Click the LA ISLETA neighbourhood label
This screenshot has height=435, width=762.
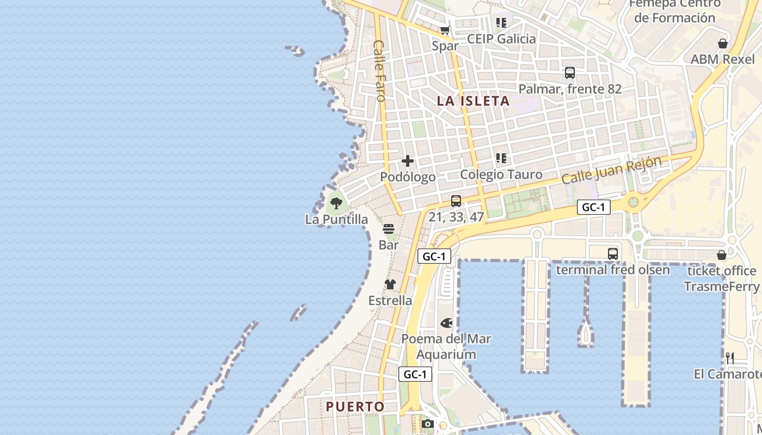[x=474, y=101]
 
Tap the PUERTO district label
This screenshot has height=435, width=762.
[x=355, y=406]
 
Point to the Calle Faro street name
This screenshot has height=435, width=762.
[x=379, y=71]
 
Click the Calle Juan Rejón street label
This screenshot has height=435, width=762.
[x=611, y=170]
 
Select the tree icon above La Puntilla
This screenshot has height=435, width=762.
[x=336, y=204]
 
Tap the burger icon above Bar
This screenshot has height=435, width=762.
[x=388, y=229]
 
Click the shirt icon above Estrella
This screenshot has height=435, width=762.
[x=390, y=284]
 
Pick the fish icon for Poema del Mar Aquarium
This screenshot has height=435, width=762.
[x=446, y=323]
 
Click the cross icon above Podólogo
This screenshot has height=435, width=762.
[x=408, y=161]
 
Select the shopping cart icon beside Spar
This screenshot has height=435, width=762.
[x=445, y=30]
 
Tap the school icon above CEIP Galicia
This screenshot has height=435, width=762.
[x=501, y=23]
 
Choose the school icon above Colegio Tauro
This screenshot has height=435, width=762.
[x=501, y=158]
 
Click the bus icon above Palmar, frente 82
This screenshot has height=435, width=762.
[x=570, y=73]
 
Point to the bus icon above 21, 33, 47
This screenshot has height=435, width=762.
[x=456, y=201]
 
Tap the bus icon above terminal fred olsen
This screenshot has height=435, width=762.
[x=613, y=253]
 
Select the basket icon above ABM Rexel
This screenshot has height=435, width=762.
[x=723, y=43]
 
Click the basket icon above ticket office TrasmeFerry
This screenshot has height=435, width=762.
[x=722, y=255]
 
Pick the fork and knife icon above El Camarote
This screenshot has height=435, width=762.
[x=730, y=358]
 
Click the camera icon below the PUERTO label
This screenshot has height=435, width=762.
[x=428, y=424]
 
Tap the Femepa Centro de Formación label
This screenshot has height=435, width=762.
[x=675, y=10]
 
